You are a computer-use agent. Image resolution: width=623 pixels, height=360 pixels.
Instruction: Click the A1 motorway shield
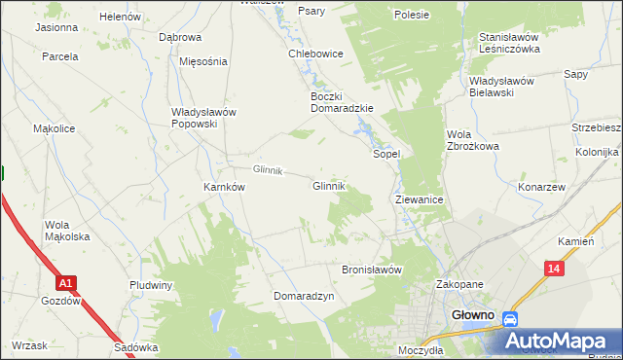pyautogui.click(x=65, y=283)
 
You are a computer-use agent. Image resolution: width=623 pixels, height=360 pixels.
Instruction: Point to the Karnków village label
pyautogui.click(x=223, y=187)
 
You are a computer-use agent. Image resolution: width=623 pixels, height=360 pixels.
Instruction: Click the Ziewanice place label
pyautogui.click(x=420, y=198)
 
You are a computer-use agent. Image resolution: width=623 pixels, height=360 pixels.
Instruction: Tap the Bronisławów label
pyautogui.click(x=372, y=270)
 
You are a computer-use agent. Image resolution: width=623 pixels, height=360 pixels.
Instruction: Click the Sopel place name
pyautogui.click(x=387, y=154)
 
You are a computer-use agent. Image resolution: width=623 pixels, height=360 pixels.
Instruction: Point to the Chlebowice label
pyautogui.click(x=314, y=54)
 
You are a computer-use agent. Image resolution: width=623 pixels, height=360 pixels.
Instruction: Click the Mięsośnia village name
pyautogui.click(x=203, y=60)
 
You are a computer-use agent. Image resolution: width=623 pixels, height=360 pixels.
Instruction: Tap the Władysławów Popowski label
pyautogui.click(x=203, y=118)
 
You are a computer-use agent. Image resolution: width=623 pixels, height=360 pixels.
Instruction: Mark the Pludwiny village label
pyautogui.click(x=151, y=285)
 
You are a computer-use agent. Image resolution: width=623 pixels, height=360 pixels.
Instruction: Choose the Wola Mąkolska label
pyautogui.click(x=67, y=231)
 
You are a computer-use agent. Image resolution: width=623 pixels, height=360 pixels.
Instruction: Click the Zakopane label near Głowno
pyautogui.click(x=459, y=284)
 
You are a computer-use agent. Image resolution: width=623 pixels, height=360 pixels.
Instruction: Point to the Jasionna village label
pyautogui.click(x=56, y=27)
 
